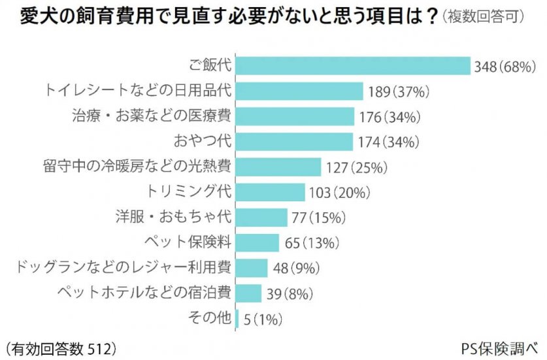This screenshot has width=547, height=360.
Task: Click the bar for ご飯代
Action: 353,66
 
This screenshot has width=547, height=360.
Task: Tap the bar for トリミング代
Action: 270,192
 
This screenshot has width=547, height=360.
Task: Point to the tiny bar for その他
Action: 237,318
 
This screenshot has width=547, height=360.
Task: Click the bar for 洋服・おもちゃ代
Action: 261,217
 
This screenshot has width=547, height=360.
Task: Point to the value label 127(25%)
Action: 357,167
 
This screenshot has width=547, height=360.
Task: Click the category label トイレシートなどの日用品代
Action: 139,91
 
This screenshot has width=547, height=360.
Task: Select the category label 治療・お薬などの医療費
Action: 152,116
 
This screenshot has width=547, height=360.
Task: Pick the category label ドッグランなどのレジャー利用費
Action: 122,267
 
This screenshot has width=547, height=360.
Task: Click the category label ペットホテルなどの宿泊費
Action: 144,292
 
